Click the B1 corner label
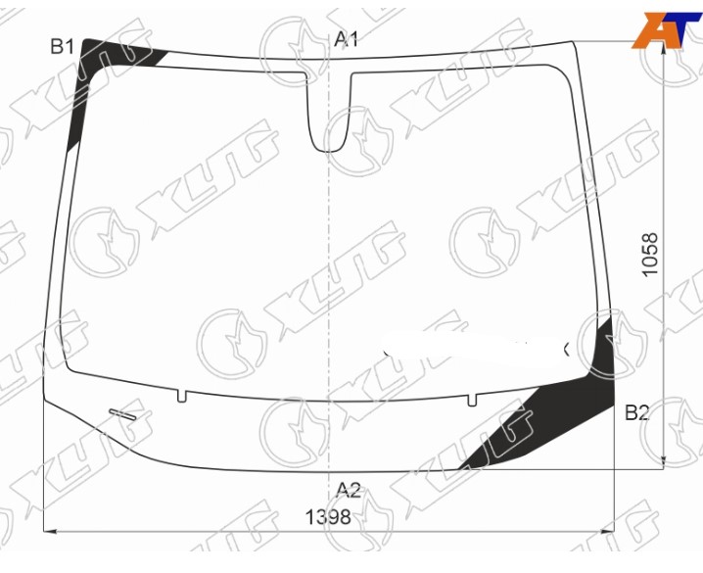click(62, 47)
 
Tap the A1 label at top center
click(347, 39)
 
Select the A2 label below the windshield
click(349, 490)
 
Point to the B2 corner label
click(637, 412)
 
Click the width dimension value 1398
click(328, 517)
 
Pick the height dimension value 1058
click(650, 255)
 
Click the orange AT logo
click(666, 29)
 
